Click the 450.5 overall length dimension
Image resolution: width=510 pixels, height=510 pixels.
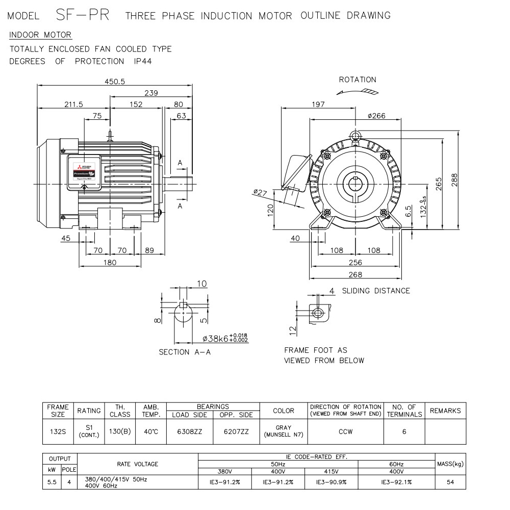coord(115,82)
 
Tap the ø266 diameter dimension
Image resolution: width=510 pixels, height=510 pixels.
coord(376,116)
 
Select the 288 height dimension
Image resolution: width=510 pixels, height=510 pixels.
coord(454,180)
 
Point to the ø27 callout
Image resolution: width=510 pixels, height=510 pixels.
coord(260,192)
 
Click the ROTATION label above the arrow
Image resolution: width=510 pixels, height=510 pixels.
coord(358,80)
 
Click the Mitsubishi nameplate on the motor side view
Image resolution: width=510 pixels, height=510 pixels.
coord(83,171)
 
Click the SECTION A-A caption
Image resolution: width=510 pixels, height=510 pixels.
coord(185,352)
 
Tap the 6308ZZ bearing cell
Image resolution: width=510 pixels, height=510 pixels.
coord(190,431)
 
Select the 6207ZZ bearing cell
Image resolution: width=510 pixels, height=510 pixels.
coord(236,431)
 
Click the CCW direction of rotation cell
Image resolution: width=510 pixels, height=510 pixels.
coord(346,431)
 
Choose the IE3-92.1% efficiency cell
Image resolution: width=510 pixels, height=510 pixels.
coord(396,481)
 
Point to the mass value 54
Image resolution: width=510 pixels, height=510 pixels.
coord(450,481)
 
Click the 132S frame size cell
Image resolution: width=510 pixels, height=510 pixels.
coord(58,431)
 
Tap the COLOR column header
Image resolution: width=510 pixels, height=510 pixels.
coord(284,411)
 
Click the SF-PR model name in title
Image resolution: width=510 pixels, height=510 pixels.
coord(82,15)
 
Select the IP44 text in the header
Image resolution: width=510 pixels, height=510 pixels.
coord(142,61)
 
